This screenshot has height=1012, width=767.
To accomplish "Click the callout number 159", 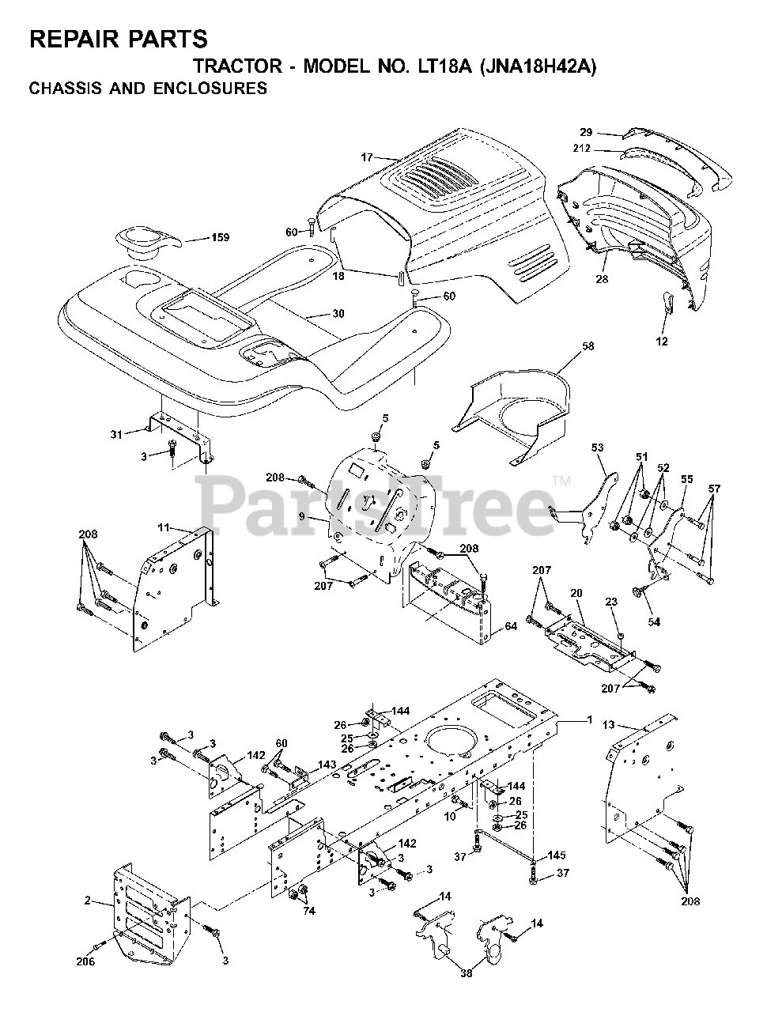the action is coord(215,237).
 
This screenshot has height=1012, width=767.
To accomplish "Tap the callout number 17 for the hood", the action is coord(366,157).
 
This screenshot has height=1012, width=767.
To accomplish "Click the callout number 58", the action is coord(587,346).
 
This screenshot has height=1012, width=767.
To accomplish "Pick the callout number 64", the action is coord(510,627).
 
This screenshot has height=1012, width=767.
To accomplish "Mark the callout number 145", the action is coord(557,855).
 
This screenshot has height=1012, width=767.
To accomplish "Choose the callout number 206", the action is coord(85,961).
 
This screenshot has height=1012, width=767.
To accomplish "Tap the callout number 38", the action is coord(466,973).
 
